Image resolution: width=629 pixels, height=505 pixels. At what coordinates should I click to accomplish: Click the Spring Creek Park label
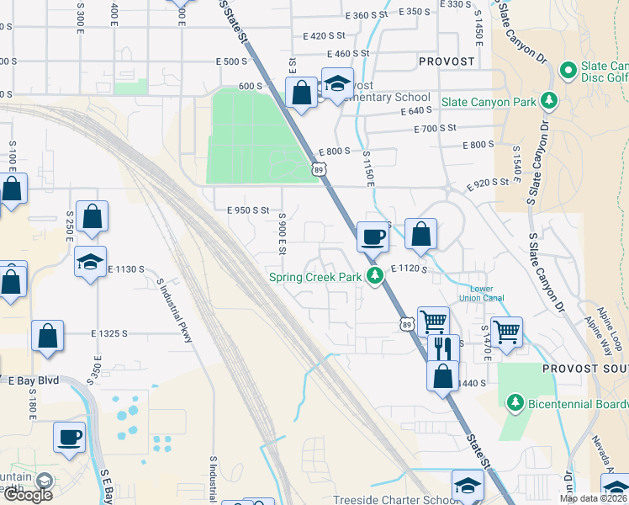[x=314, y=276]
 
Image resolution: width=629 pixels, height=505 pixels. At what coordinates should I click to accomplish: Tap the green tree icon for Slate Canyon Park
[x=549, y=101]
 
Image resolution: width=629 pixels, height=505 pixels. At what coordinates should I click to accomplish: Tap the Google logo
[x=28, y=494]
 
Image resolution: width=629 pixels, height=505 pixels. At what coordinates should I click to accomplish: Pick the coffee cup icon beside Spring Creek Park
[x=373, y=237]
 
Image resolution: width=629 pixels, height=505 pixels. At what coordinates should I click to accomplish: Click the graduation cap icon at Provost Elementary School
[x=337, y=86]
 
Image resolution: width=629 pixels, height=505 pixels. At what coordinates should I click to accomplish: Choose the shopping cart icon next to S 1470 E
[x=507, y=332]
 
